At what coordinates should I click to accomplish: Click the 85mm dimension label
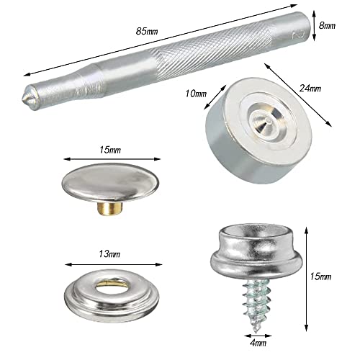click(x=147, y=31)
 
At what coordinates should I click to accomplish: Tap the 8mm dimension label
click(x=327, y=25)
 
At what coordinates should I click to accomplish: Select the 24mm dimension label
click(x=310, y=89)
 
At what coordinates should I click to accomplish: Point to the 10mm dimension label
click(x=196, y=94)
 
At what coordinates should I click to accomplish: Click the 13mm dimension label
click(x=109, y=254)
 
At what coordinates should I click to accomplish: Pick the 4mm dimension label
click(x=258, y=343)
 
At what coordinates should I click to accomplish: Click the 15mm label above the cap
click(x=110, y=150)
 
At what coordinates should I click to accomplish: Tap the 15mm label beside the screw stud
click(x=320, y=276)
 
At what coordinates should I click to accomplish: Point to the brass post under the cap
click(x=110, y=208)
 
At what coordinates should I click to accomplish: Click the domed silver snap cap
click(x=110, y=182)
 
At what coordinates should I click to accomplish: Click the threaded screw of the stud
click(x=256, y=304)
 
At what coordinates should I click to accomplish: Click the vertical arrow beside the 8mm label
click(x=315, y=26)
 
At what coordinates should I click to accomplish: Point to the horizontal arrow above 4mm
click(x=258, y=336)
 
